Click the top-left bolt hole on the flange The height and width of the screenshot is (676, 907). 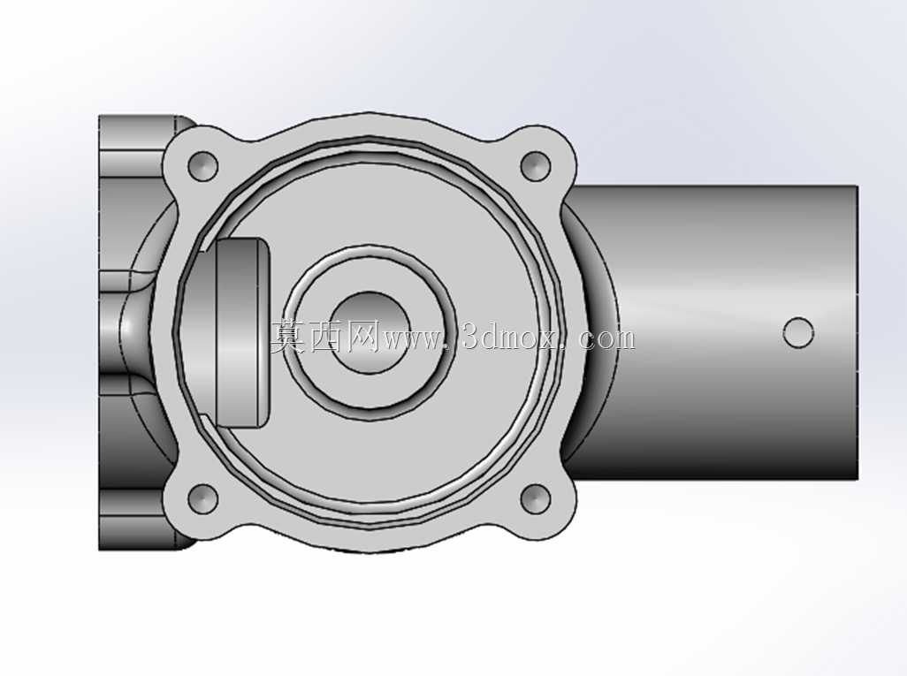coord(203,166)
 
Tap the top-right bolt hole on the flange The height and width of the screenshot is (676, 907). coord(535,166)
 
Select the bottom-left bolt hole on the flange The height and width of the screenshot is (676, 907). coord(203,498)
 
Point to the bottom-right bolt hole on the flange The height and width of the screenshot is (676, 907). coord(535,498)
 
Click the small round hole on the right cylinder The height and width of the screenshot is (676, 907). coord(798,332)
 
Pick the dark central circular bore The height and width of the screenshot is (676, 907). coord(370,332)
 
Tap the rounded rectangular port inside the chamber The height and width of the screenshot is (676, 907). coord(237,332)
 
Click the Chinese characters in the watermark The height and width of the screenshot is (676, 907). coord(324,338)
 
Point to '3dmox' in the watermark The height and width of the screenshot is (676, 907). coord(511,338)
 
